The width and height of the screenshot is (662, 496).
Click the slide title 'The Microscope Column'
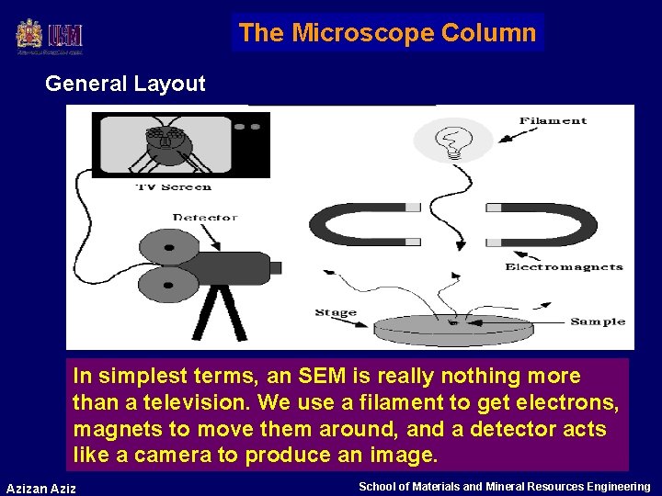pos(387,33)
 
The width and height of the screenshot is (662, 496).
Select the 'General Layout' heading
pos(125,84)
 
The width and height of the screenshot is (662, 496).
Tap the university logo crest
pos(29,36)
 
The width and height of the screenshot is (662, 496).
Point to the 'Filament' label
pos(553,120)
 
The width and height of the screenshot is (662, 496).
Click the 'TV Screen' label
pos(174,186)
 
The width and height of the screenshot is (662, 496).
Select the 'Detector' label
pos(204,218)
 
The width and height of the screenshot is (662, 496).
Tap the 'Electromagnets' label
pos(564,267)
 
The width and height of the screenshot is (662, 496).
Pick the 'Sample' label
pos(598,321)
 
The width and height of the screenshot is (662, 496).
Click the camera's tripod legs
pos(220,311)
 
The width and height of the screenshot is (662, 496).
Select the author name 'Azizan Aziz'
pos(41,488)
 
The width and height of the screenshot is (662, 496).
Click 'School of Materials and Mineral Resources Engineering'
pos(504,486)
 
